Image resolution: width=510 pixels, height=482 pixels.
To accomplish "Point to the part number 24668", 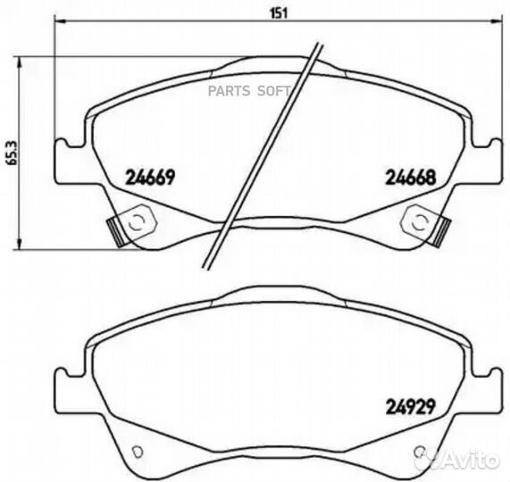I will click(409, 177).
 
